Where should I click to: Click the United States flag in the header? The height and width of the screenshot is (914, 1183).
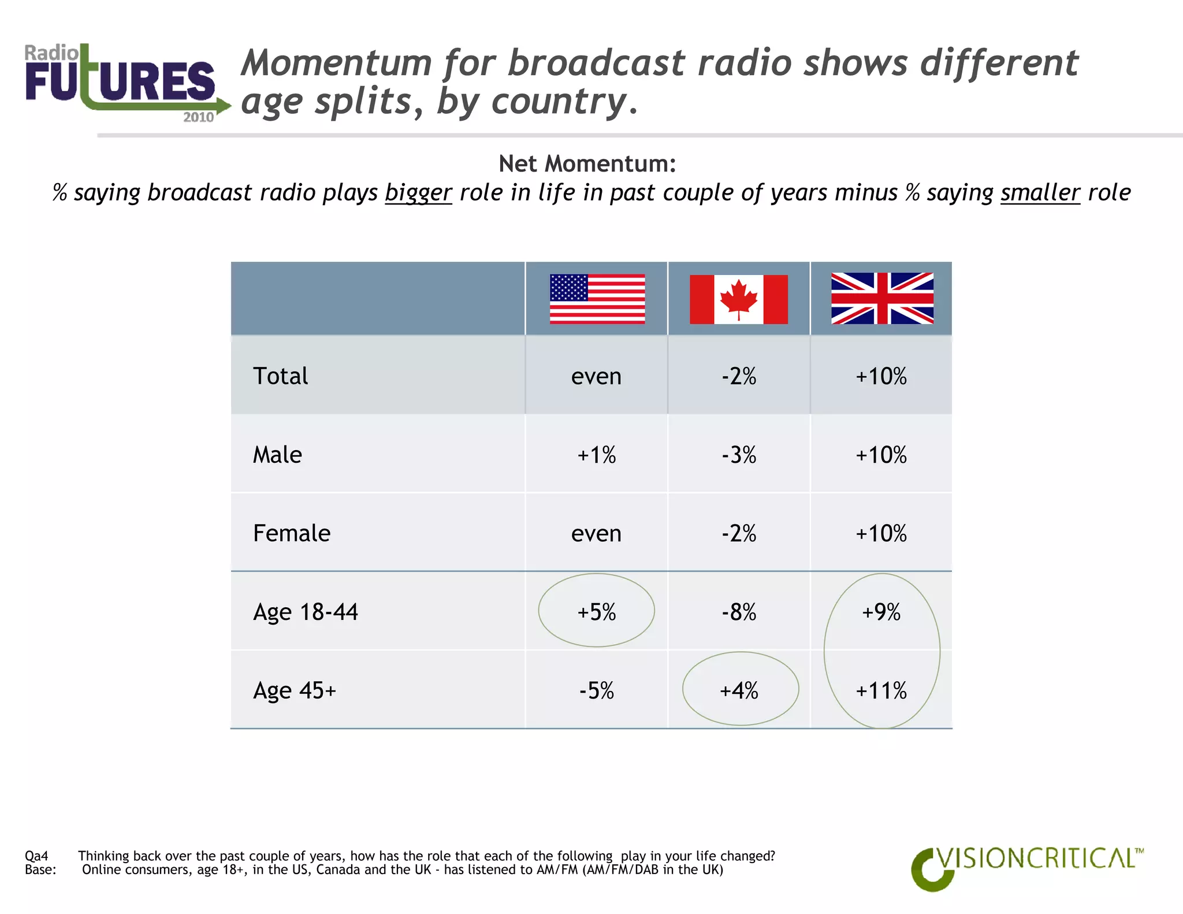point(597,299)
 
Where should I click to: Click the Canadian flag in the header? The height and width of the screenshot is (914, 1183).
point(739,299)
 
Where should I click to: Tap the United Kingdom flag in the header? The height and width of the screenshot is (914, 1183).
point(881,298)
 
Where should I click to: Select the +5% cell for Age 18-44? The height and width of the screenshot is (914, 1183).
point(597,612)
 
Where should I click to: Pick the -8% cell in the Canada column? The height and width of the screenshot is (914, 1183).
point(739,612)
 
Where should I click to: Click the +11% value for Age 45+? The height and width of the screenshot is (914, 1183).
point(881,690)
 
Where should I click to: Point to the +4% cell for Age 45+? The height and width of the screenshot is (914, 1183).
point(739,690)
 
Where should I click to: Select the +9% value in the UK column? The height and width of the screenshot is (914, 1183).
point(881,612)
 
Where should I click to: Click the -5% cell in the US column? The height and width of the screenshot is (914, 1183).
point(597,690)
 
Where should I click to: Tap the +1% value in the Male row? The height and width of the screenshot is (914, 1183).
point(597,455)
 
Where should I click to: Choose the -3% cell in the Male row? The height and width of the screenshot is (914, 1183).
point(739,455)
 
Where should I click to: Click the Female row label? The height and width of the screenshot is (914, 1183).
point(292,533)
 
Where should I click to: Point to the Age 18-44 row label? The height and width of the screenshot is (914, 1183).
point(306,612)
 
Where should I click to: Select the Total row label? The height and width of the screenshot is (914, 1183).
point(281,376)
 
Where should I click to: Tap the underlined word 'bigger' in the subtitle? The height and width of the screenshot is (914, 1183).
point(418,193)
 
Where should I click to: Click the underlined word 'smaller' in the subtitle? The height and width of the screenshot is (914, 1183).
point(1040,193)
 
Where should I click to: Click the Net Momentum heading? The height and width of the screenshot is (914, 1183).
point(587,164)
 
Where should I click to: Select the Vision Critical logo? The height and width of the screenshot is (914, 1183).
point(1026,867)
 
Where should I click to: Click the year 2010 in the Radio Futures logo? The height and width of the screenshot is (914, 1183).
point(198,117)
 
